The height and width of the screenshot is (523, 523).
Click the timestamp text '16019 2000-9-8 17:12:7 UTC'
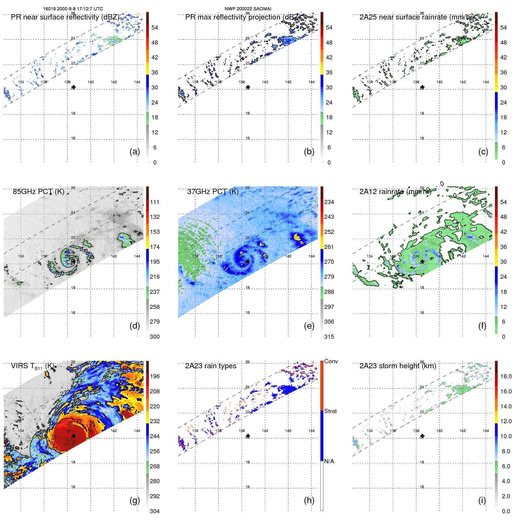tap(73, 9)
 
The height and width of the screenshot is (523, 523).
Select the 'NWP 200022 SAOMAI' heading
tap(248, 9)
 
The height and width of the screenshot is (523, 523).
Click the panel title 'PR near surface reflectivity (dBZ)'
tap(65, 17)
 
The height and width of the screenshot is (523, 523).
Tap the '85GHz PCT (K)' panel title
tap(38, 192)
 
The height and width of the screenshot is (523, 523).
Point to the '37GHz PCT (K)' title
tap(213, 192)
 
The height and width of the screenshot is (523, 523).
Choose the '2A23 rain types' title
tap(211, 366)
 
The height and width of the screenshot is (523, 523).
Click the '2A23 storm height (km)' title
tap(397, 366)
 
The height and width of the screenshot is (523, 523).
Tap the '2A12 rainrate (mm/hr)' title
tap(395, 192)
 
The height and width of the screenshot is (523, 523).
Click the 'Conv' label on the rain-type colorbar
tap(331, 361)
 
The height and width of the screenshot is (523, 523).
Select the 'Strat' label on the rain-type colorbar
tap(330, 411)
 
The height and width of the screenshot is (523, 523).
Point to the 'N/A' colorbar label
tap(329, 461)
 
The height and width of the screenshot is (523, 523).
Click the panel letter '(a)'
tap(135, 152)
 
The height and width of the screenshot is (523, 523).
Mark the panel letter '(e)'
tap(309, 326)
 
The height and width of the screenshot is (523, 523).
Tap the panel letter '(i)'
tap(482, 500)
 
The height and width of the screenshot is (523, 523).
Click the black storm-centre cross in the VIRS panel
tap(74, 436)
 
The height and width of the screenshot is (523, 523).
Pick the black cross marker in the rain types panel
tap(248, 436)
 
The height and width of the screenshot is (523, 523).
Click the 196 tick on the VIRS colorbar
tap(154, 377)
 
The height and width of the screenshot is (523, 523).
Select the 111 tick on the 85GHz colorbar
tap(154, 202)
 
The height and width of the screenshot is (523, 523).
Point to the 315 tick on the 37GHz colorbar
tap(329, 337)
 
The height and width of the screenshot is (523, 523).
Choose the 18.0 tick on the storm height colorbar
tap(506, 377)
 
